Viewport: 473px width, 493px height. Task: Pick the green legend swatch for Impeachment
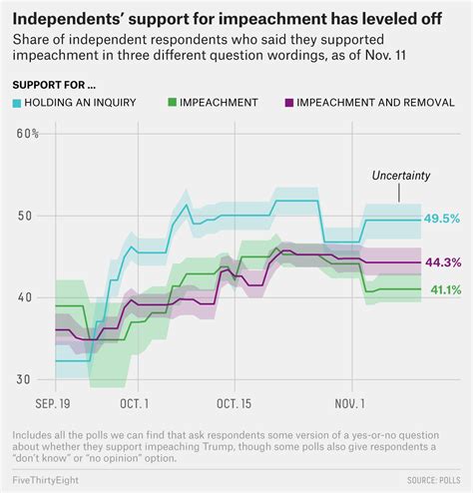point(175,101)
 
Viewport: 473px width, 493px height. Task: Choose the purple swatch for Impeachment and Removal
point(290,101)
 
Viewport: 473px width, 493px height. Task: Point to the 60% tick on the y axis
point(27,134)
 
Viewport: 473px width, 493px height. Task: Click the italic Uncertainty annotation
point(400,176)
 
